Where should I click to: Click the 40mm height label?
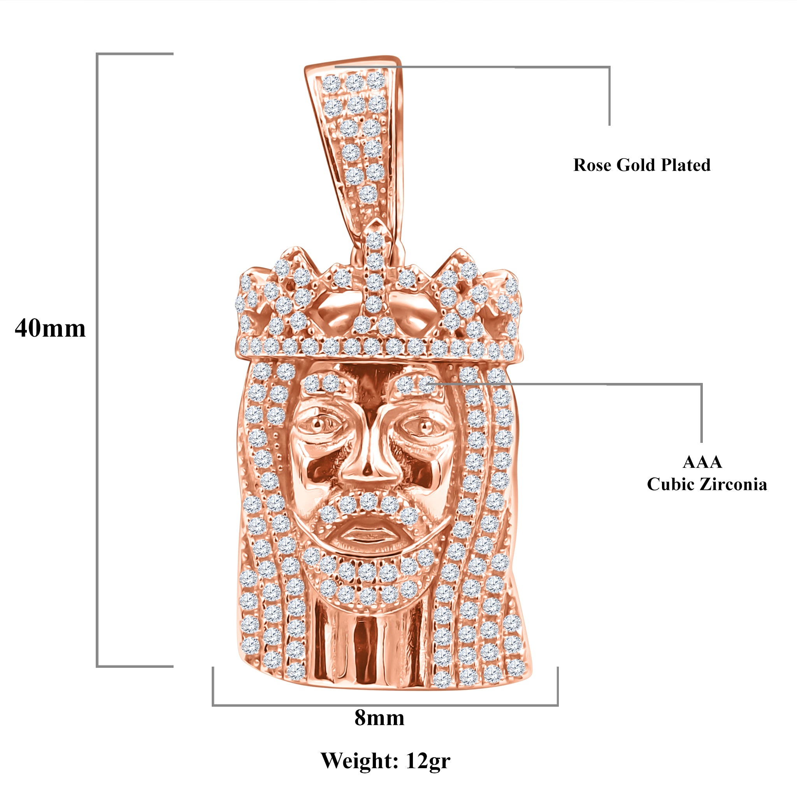(50, 329)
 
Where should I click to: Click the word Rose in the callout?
(592, 165)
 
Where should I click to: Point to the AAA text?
(702, 462)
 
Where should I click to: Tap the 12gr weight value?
(428, 761)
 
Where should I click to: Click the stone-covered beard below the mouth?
(367, 578)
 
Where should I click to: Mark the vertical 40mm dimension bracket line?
(97, 359)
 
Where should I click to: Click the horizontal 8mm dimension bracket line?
(385, 705)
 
